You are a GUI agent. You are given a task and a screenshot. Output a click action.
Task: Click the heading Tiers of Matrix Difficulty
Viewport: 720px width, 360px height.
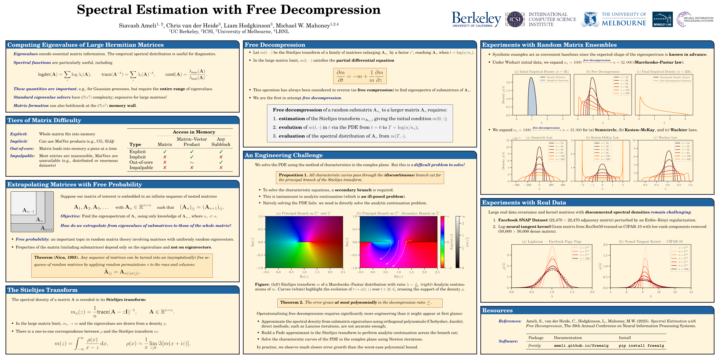[44, 120]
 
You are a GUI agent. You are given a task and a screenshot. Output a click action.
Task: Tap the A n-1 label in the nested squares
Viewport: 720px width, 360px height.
[28, 211]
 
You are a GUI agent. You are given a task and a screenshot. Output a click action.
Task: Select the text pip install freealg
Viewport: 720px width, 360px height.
[641, 346]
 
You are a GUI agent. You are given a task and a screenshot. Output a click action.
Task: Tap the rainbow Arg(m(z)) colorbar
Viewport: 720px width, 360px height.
[442, 242]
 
